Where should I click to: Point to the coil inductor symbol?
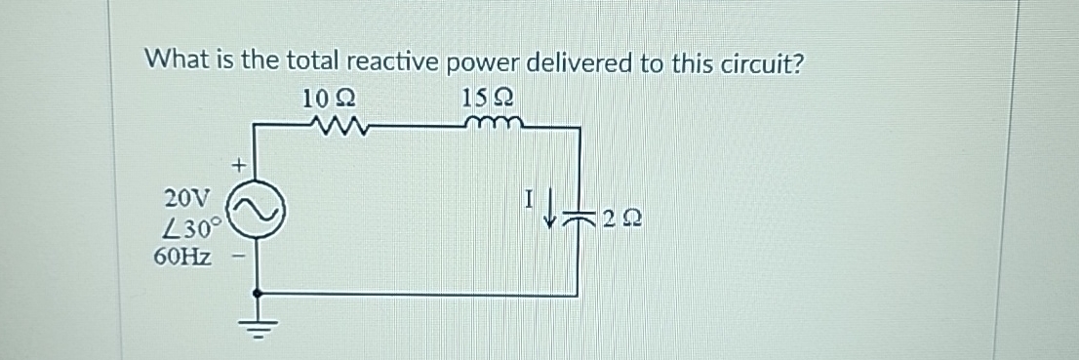[496, 124]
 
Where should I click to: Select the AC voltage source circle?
[258, 207]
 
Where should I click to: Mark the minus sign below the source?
[236, 260]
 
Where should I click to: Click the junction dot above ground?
[258, 292]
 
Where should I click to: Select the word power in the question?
[484, 61]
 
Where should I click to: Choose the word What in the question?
[173, 60]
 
